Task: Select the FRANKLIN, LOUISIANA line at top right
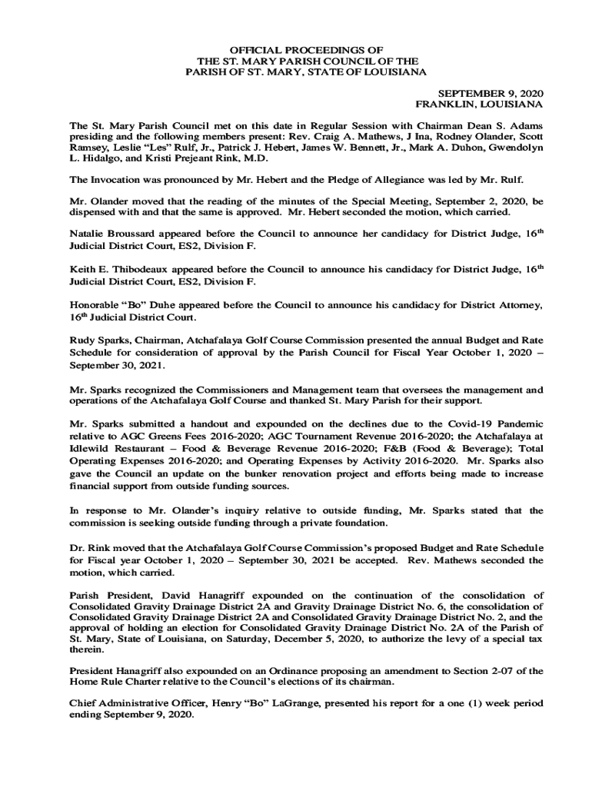(x=479, y=103)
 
